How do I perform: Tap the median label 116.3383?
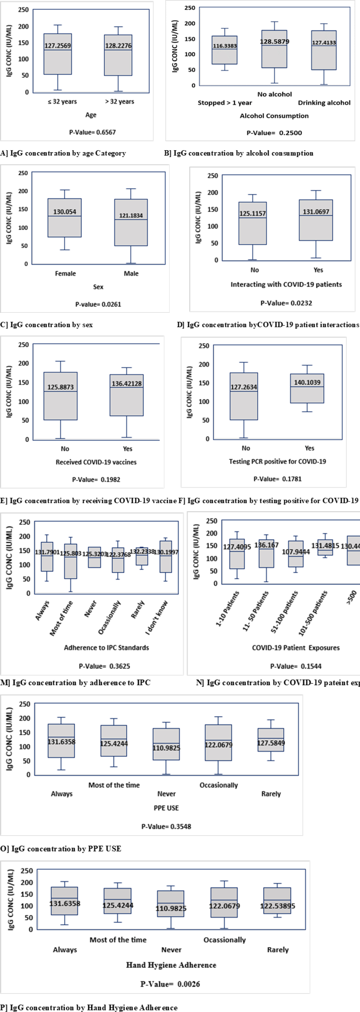point(225,46)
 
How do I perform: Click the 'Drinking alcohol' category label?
point(324,103)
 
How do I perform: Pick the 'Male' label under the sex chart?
point(131,274)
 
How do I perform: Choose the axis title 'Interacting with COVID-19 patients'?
point(286,284)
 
